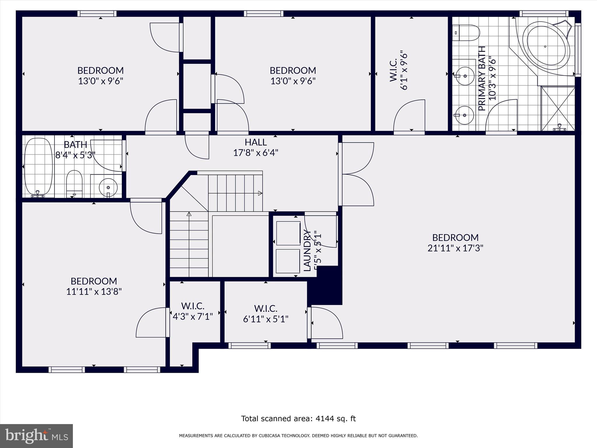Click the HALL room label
point(256,142)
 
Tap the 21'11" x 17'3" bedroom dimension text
point(455,248)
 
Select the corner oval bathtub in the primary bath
point(546,47)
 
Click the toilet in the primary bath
point(466,33)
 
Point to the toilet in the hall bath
point(74,183)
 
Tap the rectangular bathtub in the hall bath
point(38,167)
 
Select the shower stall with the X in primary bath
point(558,108)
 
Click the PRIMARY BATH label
point(482,78)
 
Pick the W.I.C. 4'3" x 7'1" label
point(193,311)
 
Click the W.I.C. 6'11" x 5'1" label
point(266,314)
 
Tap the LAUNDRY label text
point(307,251)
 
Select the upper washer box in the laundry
point(288,233)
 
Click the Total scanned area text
point(298,419)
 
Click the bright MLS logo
point(36,436)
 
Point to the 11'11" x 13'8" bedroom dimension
point(94,292)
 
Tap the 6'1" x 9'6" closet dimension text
point(404,71)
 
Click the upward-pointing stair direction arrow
point(189,214)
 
